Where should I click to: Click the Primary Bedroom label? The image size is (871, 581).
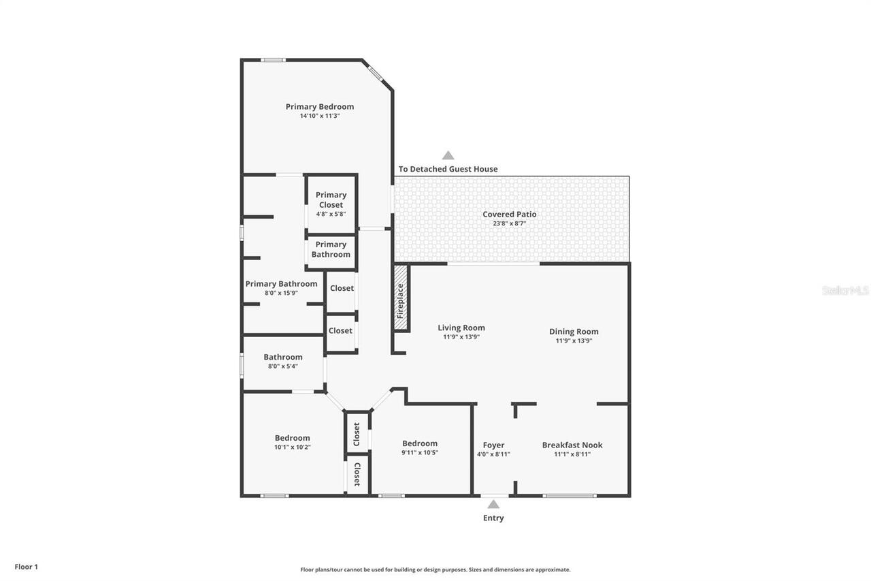point(320,106)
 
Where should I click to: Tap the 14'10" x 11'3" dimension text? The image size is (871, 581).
point(320,116)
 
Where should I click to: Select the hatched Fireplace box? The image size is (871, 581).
point(401,298)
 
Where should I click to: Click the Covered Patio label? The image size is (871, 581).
point(510,214)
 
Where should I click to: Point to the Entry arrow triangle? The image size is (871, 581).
point(493,505)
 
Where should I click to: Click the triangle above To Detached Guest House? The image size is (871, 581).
point(448,155)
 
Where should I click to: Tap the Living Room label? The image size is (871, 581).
point(461,328)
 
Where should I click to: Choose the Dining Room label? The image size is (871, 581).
point(574,332)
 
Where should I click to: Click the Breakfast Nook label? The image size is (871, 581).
point(572,445)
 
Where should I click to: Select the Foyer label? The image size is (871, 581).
point(493,445)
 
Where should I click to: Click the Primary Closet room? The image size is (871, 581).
point(331,204)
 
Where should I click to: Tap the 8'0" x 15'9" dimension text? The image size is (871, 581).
point(281,293)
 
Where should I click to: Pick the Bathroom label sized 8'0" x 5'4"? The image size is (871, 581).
point(283,357)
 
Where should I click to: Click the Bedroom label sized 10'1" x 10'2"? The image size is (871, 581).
point(293,438)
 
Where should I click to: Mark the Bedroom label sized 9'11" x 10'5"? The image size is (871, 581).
point(420,443)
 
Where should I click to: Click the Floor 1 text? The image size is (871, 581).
point(27,566)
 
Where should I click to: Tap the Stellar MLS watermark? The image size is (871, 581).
point(845,290)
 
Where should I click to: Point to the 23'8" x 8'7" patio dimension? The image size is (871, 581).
point(510,223)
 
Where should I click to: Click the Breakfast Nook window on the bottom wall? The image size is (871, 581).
point(570,495)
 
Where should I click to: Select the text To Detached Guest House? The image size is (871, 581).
point(448,169)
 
